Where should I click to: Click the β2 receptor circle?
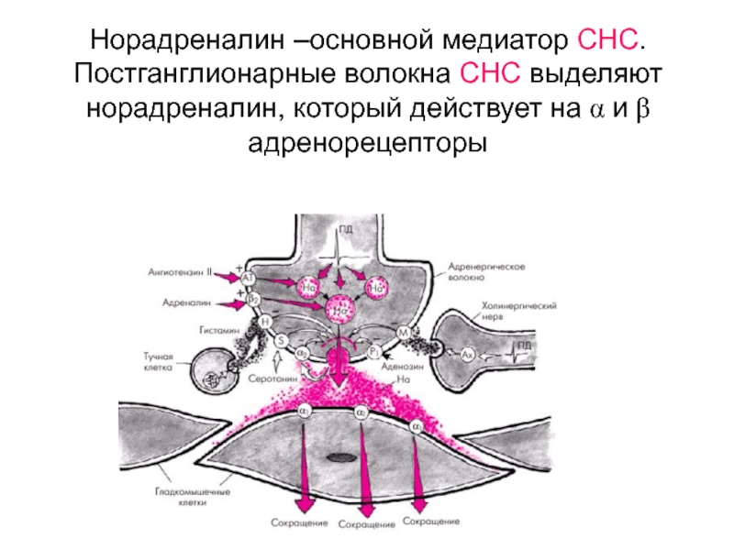[254, 298]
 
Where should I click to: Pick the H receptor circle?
[265, 322]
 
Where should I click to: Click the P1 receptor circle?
[374, 351]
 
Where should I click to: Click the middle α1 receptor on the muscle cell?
[361, 413]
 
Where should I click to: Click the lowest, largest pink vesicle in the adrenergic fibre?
[339, 311]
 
